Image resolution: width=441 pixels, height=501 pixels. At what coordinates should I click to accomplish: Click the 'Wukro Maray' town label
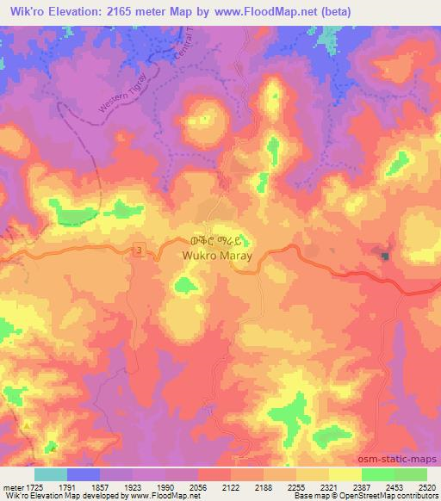(214, 256)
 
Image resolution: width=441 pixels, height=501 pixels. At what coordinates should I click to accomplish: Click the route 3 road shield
(139, 249)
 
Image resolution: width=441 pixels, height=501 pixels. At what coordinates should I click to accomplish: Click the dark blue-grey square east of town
(384, 256)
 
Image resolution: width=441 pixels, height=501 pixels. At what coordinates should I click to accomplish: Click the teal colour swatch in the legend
(51, 474)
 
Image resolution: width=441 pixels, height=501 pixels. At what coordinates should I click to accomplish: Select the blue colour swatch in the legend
(84, 474)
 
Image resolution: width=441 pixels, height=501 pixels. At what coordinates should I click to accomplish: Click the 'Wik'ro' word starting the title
(21, 11)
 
